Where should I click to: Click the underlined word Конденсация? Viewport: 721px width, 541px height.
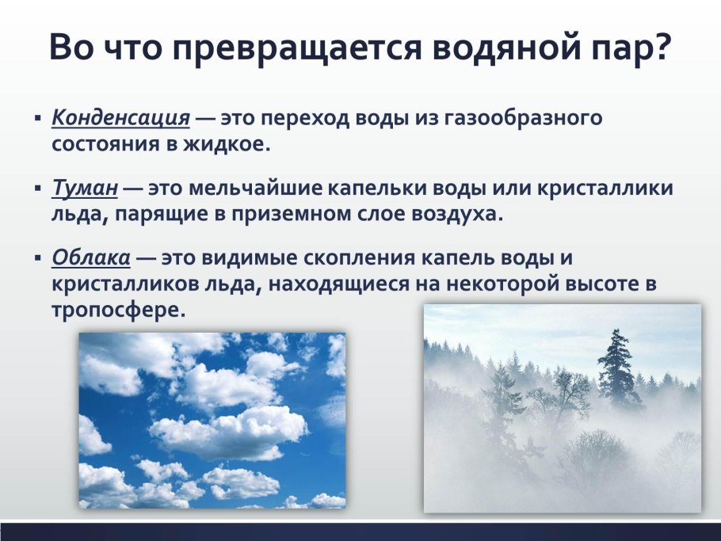tap(120, 119)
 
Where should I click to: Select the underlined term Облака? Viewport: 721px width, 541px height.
tap(91, 259)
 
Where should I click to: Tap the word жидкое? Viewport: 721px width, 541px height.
tap(230, 144)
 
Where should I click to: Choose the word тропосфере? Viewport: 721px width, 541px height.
tap(118, 309)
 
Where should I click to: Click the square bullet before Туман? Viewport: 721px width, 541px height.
tap(37, 190)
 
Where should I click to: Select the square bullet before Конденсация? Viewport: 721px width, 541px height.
tap(37, 120)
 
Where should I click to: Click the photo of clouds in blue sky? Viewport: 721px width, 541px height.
tap(212, 420)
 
